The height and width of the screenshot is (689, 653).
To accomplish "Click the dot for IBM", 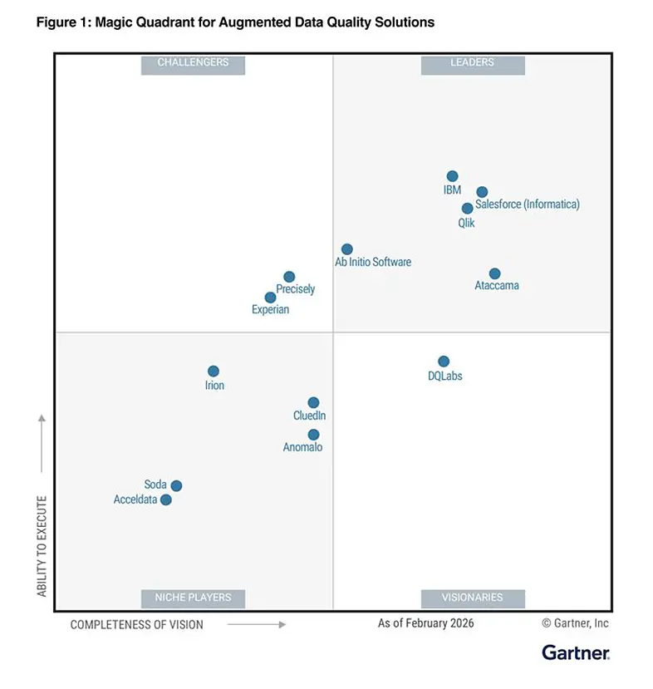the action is click(452, 176).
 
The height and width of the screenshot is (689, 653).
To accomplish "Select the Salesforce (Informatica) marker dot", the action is click(482, 192).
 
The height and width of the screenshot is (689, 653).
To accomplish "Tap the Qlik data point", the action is click(467, 209).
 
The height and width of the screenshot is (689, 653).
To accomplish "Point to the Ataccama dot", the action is click(494, 273).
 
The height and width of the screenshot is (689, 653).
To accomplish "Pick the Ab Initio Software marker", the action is click(347, 249).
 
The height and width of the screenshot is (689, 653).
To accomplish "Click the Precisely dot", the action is click(289, 277).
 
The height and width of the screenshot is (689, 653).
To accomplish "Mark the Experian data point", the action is click(271, 298).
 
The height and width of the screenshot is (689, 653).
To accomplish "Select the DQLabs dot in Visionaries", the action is click(444, 362).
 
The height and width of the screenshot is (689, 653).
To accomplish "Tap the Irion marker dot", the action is click(214, 372).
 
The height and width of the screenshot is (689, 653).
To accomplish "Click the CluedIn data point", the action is click(313, 402).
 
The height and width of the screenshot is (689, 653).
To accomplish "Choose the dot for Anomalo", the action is click(313, 435).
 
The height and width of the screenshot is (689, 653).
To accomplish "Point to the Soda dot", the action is click(176, 485).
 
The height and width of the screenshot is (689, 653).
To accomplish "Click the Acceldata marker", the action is click(166, 500).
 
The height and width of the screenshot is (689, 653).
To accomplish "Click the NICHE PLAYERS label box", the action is click(193, 598).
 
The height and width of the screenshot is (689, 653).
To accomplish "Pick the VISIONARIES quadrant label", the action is click(473, 598).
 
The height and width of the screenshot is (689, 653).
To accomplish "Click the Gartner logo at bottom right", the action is click(576, 652).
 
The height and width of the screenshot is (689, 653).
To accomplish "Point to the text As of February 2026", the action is click(425, 623).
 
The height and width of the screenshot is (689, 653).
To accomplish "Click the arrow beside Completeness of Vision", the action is click(257, 624).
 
